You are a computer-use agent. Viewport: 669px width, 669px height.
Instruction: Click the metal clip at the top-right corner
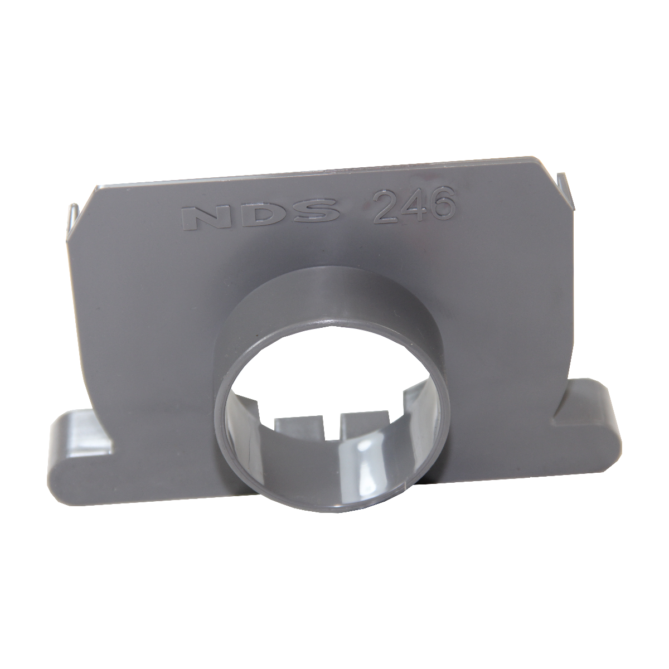(568, 187)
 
